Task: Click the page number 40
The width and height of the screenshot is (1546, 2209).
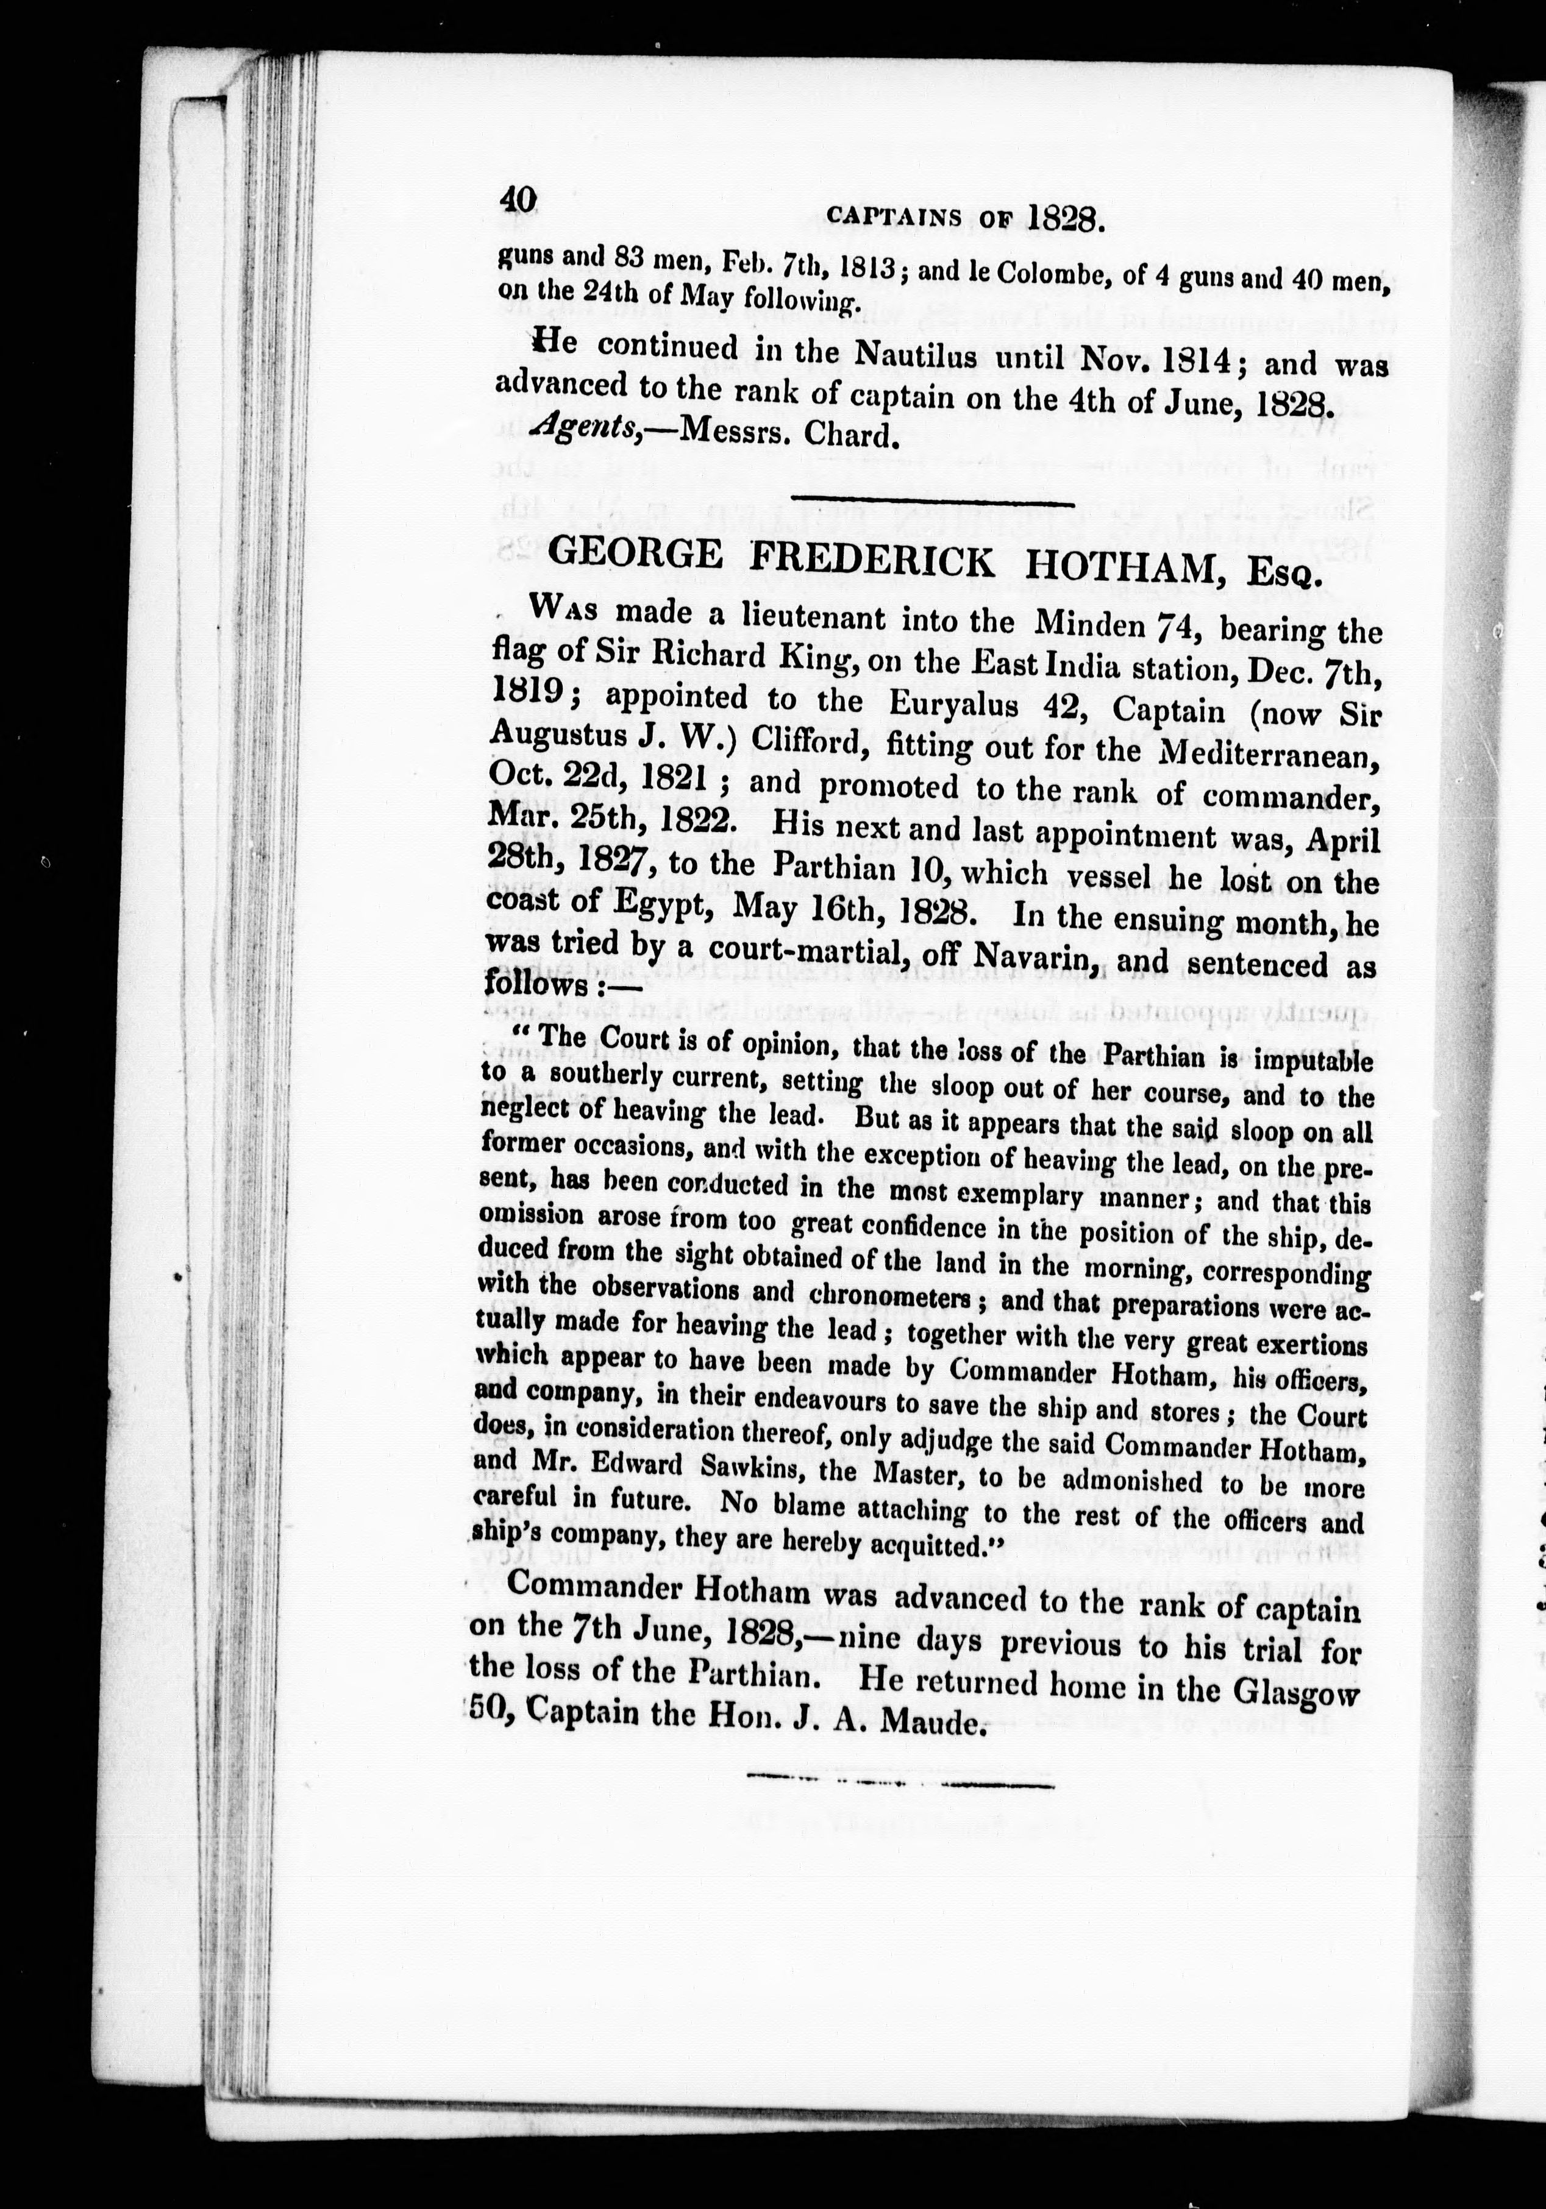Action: click(516, 199)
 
